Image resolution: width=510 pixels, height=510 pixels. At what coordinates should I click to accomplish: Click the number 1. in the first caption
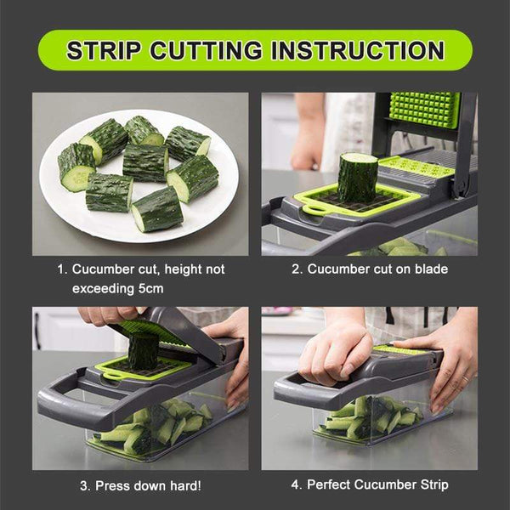pos(62,269)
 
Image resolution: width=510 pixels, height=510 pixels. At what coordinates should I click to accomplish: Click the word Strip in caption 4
pos(431,485)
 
